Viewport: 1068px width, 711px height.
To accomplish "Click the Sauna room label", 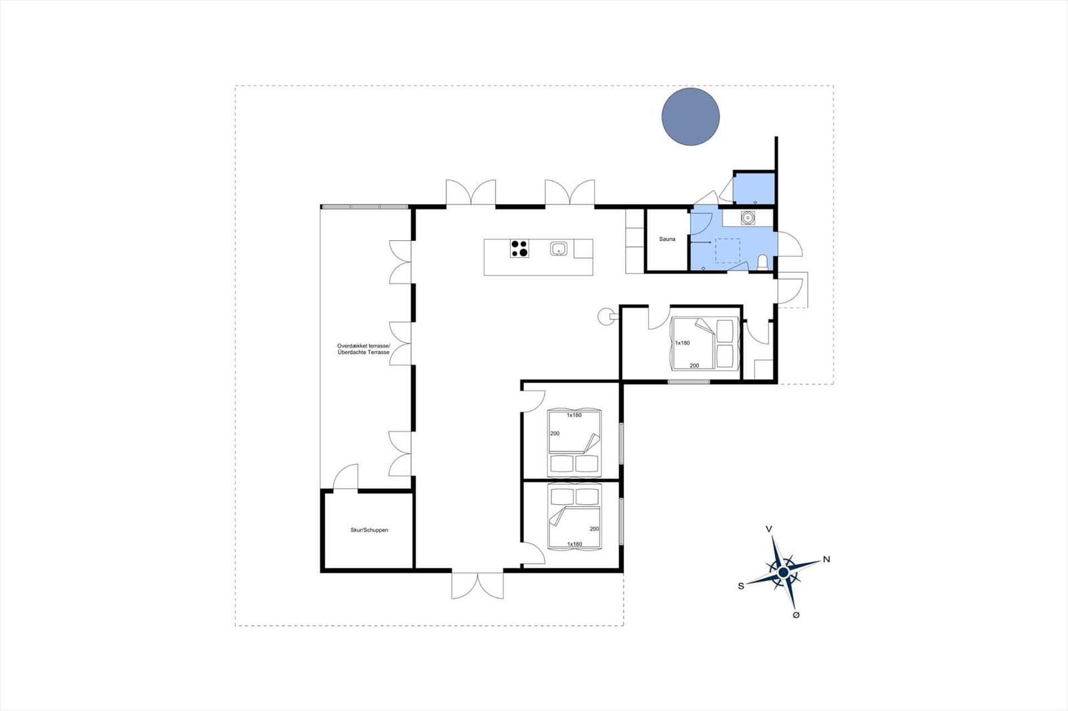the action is pos(667,239).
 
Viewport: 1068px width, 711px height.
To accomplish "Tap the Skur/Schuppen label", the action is pos(369,530).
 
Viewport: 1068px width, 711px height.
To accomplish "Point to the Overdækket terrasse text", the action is pos(363,346).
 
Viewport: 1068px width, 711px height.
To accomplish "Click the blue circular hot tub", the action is pos(690,116).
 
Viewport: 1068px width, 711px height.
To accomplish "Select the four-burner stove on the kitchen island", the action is pos(519,248).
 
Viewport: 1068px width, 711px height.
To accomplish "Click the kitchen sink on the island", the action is pos(558,248).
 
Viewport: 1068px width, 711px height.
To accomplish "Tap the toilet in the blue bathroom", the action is pos(762,263).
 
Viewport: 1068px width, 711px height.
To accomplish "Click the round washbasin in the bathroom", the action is pos(748,218).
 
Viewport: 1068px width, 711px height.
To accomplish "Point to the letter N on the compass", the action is pos(826,559).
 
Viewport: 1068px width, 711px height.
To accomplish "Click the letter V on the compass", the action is pos(768,529).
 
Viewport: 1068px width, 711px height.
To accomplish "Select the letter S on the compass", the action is pos(741,586).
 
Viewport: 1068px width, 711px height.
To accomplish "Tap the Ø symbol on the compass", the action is pos(796,615).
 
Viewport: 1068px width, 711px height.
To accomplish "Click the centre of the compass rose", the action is pos(783,572).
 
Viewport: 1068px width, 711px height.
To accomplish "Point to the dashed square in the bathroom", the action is pos(728,251).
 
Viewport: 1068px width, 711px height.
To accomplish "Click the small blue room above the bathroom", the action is pos(754,189).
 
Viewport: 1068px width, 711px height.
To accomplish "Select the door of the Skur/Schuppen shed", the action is pos(345,476).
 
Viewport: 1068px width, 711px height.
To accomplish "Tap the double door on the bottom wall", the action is pos(477,585).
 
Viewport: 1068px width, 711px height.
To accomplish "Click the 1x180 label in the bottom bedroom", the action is pos(575,544).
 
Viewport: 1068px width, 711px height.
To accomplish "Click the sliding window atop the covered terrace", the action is pos(364,207).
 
